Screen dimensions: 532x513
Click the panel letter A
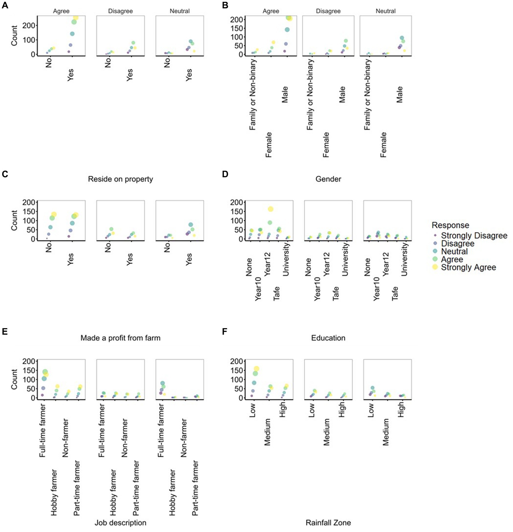coord(5,5)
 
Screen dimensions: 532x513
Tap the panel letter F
coord(224,332)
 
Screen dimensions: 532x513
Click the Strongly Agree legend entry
coord(468,267)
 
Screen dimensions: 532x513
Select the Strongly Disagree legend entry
coord(474,236)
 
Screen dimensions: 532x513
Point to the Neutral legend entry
coord(454,251)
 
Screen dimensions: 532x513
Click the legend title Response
coord(450,225)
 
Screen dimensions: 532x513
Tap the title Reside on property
coord(120,179)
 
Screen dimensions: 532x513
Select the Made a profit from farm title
coord(120,338)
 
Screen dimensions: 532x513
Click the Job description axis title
coord(120,523)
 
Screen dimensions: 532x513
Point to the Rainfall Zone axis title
coord(328,523)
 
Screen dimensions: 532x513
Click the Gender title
coord(328,179)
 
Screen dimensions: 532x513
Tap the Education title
coord(328,338)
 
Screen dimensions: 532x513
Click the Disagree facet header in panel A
coord(120,11)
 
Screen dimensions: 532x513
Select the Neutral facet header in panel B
coord(385,11)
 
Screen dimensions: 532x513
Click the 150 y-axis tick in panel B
coord(237,28)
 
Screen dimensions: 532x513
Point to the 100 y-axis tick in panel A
coord(29,40)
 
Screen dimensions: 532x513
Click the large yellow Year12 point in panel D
coord(270,209)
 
